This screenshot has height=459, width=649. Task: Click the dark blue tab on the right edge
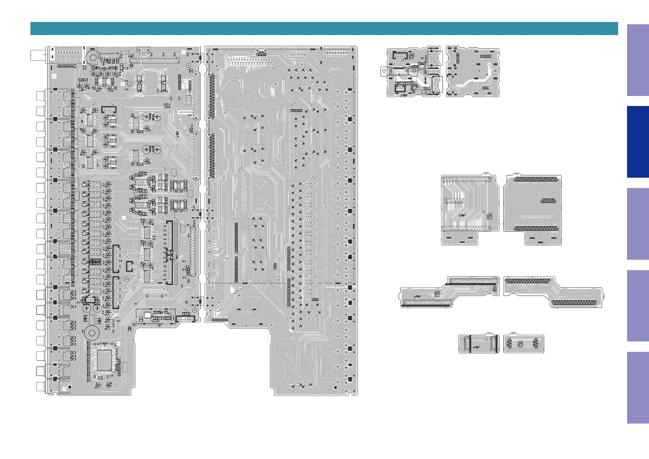coord(638,142)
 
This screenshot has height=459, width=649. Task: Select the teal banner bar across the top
coord(324,29)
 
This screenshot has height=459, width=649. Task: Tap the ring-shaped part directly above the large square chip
coord(92,333)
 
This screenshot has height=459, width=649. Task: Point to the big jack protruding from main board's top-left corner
coord(38,55)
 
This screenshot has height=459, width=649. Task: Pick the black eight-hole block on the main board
coord(95,261)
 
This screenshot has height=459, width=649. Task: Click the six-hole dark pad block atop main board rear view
coord(262,52)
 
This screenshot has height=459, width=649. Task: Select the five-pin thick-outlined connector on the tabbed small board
coord(400,55)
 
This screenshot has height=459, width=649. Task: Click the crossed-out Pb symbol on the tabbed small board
coord(412,55)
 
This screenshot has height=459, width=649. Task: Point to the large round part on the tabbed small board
coord(422,66)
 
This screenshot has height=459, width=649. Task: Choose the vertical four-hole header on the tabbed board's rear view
coord(458,58)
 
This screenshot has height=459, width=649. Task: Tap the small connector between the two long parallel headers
coord(454,201)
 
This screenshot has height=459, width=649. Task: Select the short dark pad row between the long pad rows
coord(548,200)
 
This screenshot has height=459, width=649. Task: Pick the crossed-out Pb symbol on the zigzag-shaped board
coord(437,294)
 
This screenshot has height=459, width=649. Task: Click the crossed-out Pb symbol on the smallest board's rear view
coord(520,344)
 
